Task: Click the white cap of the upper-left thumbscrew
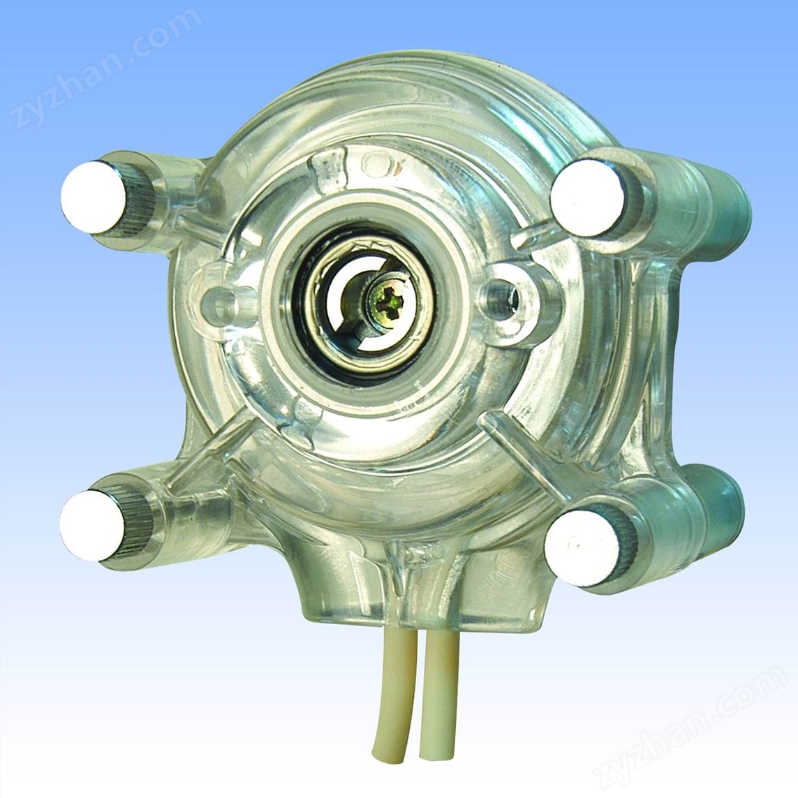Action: click(x=94, y=197)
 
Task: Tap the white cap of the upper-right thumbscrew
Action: click(x=587, y=198)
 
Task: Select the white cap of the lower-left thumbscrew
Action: click(x=92, y=526)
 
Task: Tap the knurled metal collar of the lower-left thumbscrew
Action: click(x=135, y=526)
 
